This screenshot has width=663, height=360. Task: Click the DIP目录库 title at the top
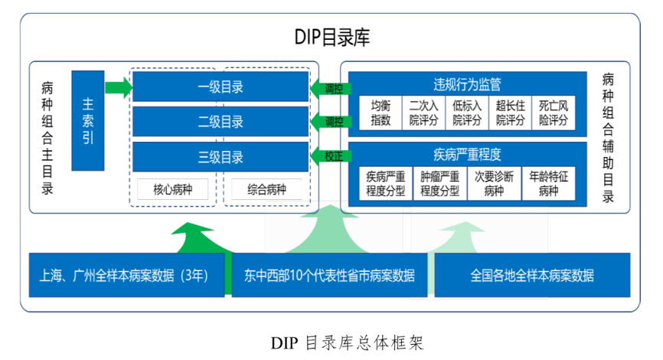[331, 37]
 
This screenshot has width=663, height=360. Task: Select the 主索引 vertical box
[87, 120]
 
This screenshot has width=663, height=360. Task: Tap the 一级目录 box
[220, 87]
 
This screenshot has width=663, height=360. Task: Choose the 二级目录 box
[220, 122]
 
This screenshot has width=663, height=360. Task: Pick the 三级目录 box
[220, 158]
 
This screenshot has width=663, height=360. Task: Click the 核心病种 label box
[172, 189]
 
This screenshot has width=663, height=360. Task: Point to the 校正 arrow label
[333, 156]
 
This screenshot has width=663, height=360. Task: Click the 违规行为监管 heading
[467, 83]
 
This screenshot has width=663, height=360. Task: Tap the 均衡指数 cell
[380, 113]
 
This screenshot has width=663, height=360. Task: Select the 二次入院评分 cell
[423, 113]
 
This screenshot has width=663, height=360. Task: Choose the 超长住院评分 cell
[510, 113]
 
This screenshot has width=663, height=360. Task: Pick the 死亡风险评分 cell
[554, 113]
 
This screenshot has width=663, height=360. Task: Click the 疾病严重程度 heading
[467, 154]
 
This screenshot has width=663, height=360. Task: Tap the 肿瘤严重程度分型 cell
[439, 184]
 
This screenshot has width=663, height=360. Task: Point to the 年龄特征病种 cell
[549, 184]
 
